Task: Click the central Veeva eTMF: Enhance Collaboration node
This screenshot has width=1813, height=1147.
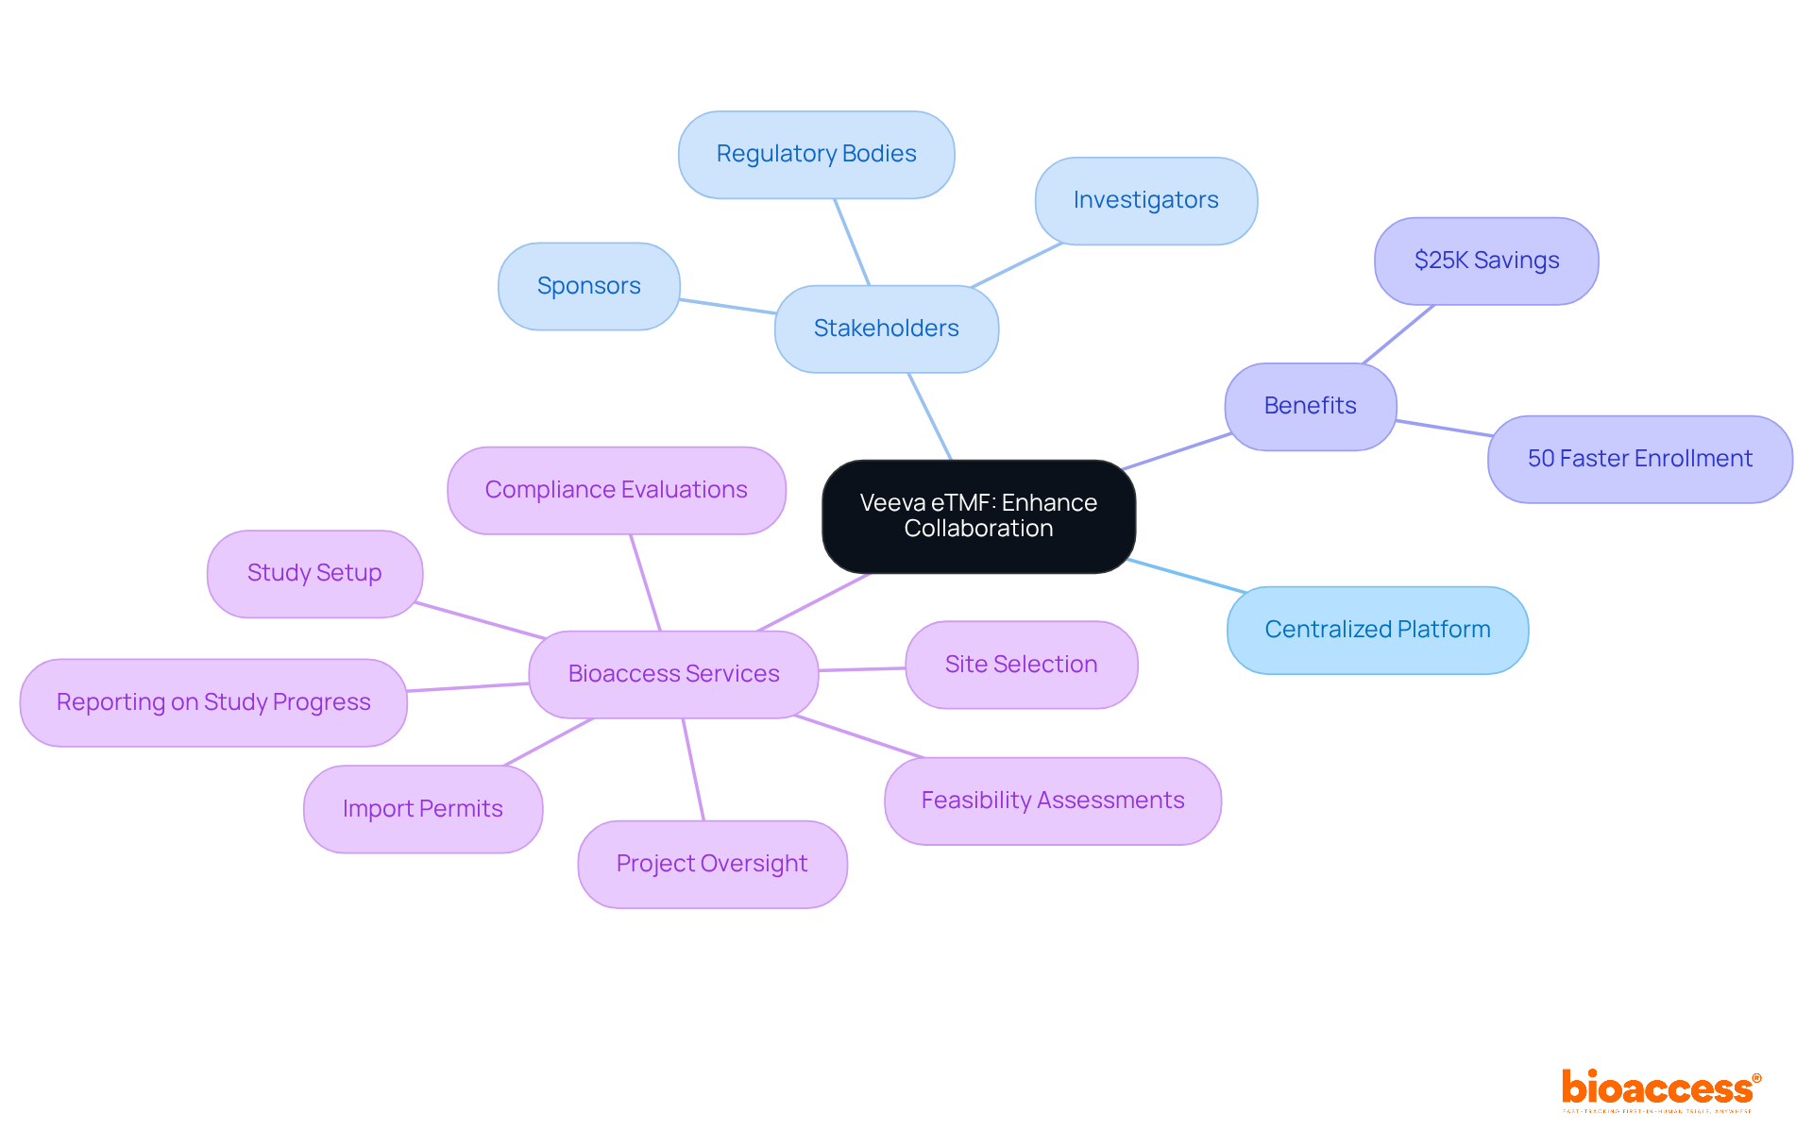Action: tap(978, 515)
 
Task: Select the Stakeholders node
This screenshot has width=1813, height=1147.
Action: tap(886, 329)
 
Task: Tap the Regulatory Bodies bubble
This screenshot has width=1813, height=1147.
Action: tap(816, 154)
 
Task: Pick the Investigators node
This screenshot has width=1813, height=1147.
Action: tap(1145, 200)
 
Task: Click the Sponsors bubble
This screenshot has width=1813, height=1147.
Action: tap(588, 286)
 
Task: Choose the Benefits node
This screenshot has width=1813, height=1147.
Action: tap(1310, 406)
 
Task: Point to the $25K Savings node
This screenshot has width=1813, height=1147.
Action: tap(1486, 261)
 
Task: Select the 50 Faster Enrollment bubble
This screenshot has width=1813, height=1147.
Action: tap(1639, 459)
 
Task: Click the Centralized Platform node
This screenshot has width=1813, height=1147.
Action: tap(1377, 630)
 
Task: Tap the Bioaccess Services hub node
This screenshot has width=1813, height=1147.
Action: tap(673, 674)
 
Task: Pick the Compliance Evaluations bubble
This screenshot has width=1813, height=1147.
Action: tap(616, 490)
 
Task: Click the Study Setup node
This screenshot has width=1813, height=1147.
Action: tap(314, 573)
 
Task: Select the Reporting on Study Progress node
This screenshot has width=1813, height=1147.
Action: tap(213, 702)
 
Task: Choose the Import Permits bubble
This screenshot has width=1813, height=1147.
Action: tap(422, 809)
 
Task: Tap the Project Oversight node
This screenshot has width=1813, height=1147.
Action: tap(712, 864)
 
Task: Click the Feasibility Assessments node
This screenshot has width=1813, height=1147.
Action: tap(1052, 801)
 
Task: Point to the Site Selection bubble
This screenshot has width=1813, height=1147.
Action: tap(1021, 665)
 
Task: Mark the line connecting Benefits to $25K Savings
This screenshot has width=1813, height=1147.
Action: tap(1398, 334)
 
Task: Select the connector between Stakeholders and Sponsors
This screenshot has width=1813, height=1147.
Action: tap(727, 306)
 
